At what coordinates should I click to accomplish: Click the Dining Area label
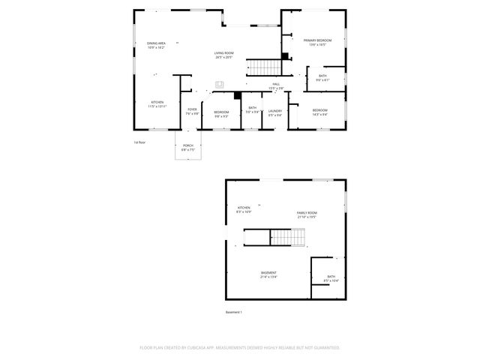coord(157,43)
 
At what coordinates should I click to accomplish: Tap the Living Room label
coord(223,53)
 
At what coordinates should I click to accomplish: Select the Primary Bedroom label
coord(317,40)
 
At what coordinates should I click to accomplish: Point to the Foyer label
coord(192,109)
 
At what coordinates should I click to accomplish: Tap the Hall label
coord(276,84)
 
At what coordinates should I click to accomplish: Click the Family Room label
coord(306,213)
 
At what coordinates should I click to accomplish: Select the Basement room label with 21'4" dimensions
coord(268,272)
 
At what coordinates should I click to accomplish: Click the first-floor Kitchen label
coord(157,102)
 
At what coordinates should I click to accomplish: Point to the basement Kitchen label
coord(244,208)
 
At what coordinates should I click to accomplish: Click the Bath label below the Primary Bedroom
coord(322,76)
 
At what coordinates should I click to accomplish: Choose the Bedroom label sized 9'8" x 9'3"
coord(222,112)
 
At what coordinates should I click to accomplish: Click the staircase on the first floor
coord(263,67)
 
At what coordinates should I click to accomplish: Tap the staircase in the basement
coord(286,238)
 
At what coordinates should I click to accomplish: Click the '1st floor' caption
coord(139,142)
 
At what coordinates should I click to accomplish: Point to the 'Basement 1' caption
coord(234,311)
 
